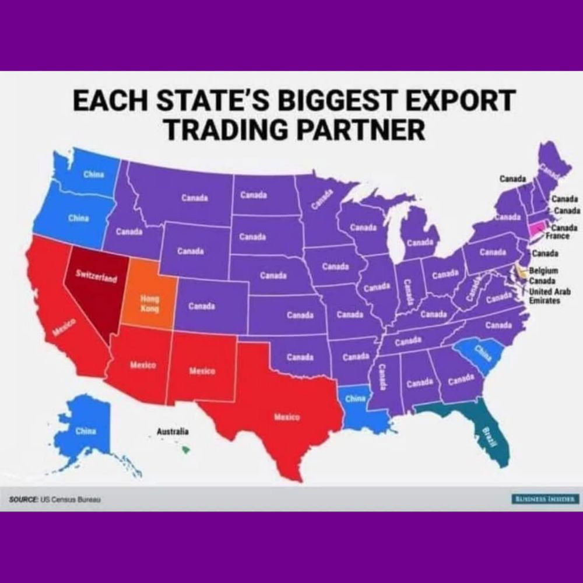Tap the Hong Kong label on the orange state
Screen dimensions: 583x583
pos(150,303)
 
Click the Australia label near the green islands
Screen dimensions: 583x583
pos(173,432)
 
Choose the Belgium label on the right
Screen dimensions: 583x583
pos(544,271)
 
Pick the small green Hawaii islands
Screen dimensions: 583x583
pos(185,449)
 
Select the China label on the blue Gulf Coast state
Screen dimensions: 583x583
pos(355,399)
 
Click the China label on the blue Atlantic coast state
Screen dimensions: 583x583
pos(482,352)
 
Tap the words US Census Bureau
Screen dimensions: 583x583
pos(71,500)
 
